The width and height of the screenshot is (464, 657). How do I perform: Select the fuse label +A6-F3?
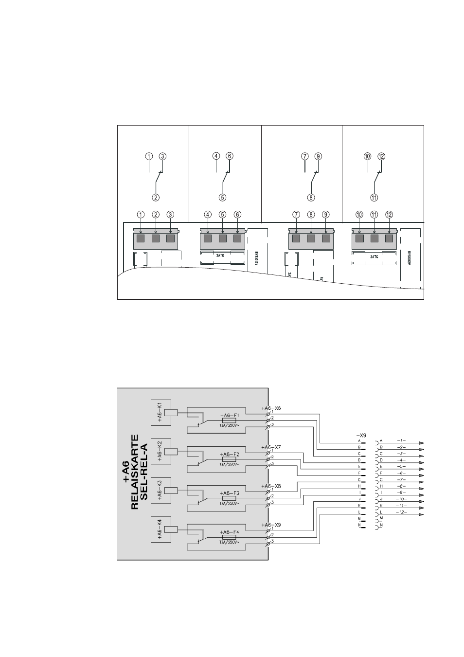[x=229, y=493]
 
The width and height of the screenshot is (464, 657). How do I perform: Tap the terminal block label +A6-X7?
[x=271, y=447]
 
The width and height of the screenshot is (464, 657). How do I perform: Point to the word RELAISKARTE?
[x=135, y=472]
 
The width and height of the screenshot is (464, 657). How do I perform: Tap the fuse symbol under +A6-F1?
[x=229, y=420]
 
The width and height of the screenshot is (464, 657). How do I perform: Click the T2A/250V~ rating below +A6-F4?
[x=229, y=542]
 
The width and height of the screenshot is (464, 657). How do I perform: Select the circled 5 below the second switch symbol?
[x=223, y=198]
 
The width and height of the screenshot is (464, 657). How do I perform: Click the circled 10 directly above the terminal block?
[x=359, y=214]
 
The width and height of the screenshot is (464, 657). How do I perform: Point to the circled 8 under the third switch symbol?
[x=311, y=198]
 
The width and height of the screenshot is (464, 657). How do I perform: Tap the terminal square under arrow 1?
[x=141, y=238]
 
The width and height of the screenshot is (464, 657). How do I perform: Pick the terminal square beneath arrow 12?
[x=389, y=238]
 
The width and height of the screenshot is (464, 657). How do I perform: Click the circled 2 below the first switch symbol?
[x=156, y=198]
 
